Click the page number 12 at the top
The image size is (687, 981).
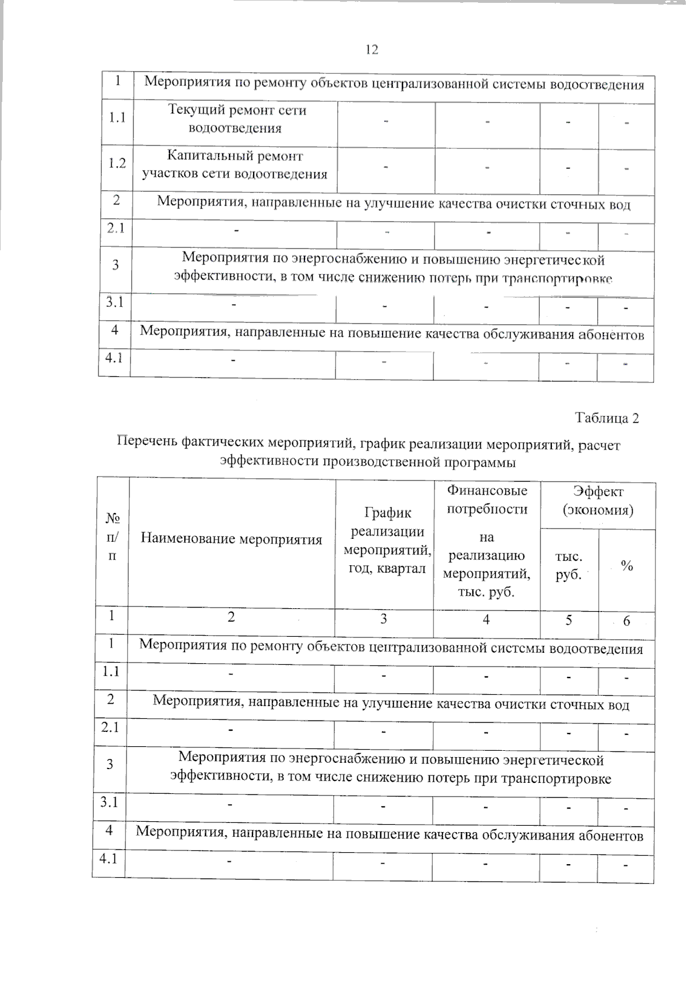[x=372, y=50]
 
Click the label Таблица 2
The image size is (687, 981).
[x=607, y=418]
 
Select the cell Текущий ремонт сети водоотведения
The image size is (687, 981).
[x=236, y=119]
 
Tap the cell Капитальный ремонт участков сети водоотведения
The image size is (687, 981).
[x=235, y=165]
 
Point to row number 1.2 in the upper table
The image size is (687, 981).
[x=117, y=164]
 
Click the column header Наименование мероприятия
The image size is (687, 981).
[x=231, y=539]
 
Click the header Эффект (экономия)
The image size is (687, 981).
[x=598, y=500]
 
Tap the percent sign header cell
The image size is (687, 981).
[x=627, y=566]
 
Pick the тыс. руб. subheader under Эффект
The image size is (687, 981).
[x=569, y=566]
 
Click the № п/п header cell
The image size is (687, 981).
[x=113, y=537]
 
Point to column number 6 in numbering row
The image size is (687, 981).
[x=626, y=621]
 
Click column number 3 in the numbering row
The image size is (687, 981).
[x=384, y=619]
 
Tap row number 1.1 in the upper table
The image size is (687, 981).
[x=117, y=117]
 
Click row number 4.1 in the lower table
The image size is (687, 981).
[x=108, y=858]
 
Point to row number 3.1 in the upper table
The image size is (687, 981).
[x=115, y=301]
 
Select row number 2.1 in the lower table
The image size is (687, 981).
[x=109, y=727]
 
